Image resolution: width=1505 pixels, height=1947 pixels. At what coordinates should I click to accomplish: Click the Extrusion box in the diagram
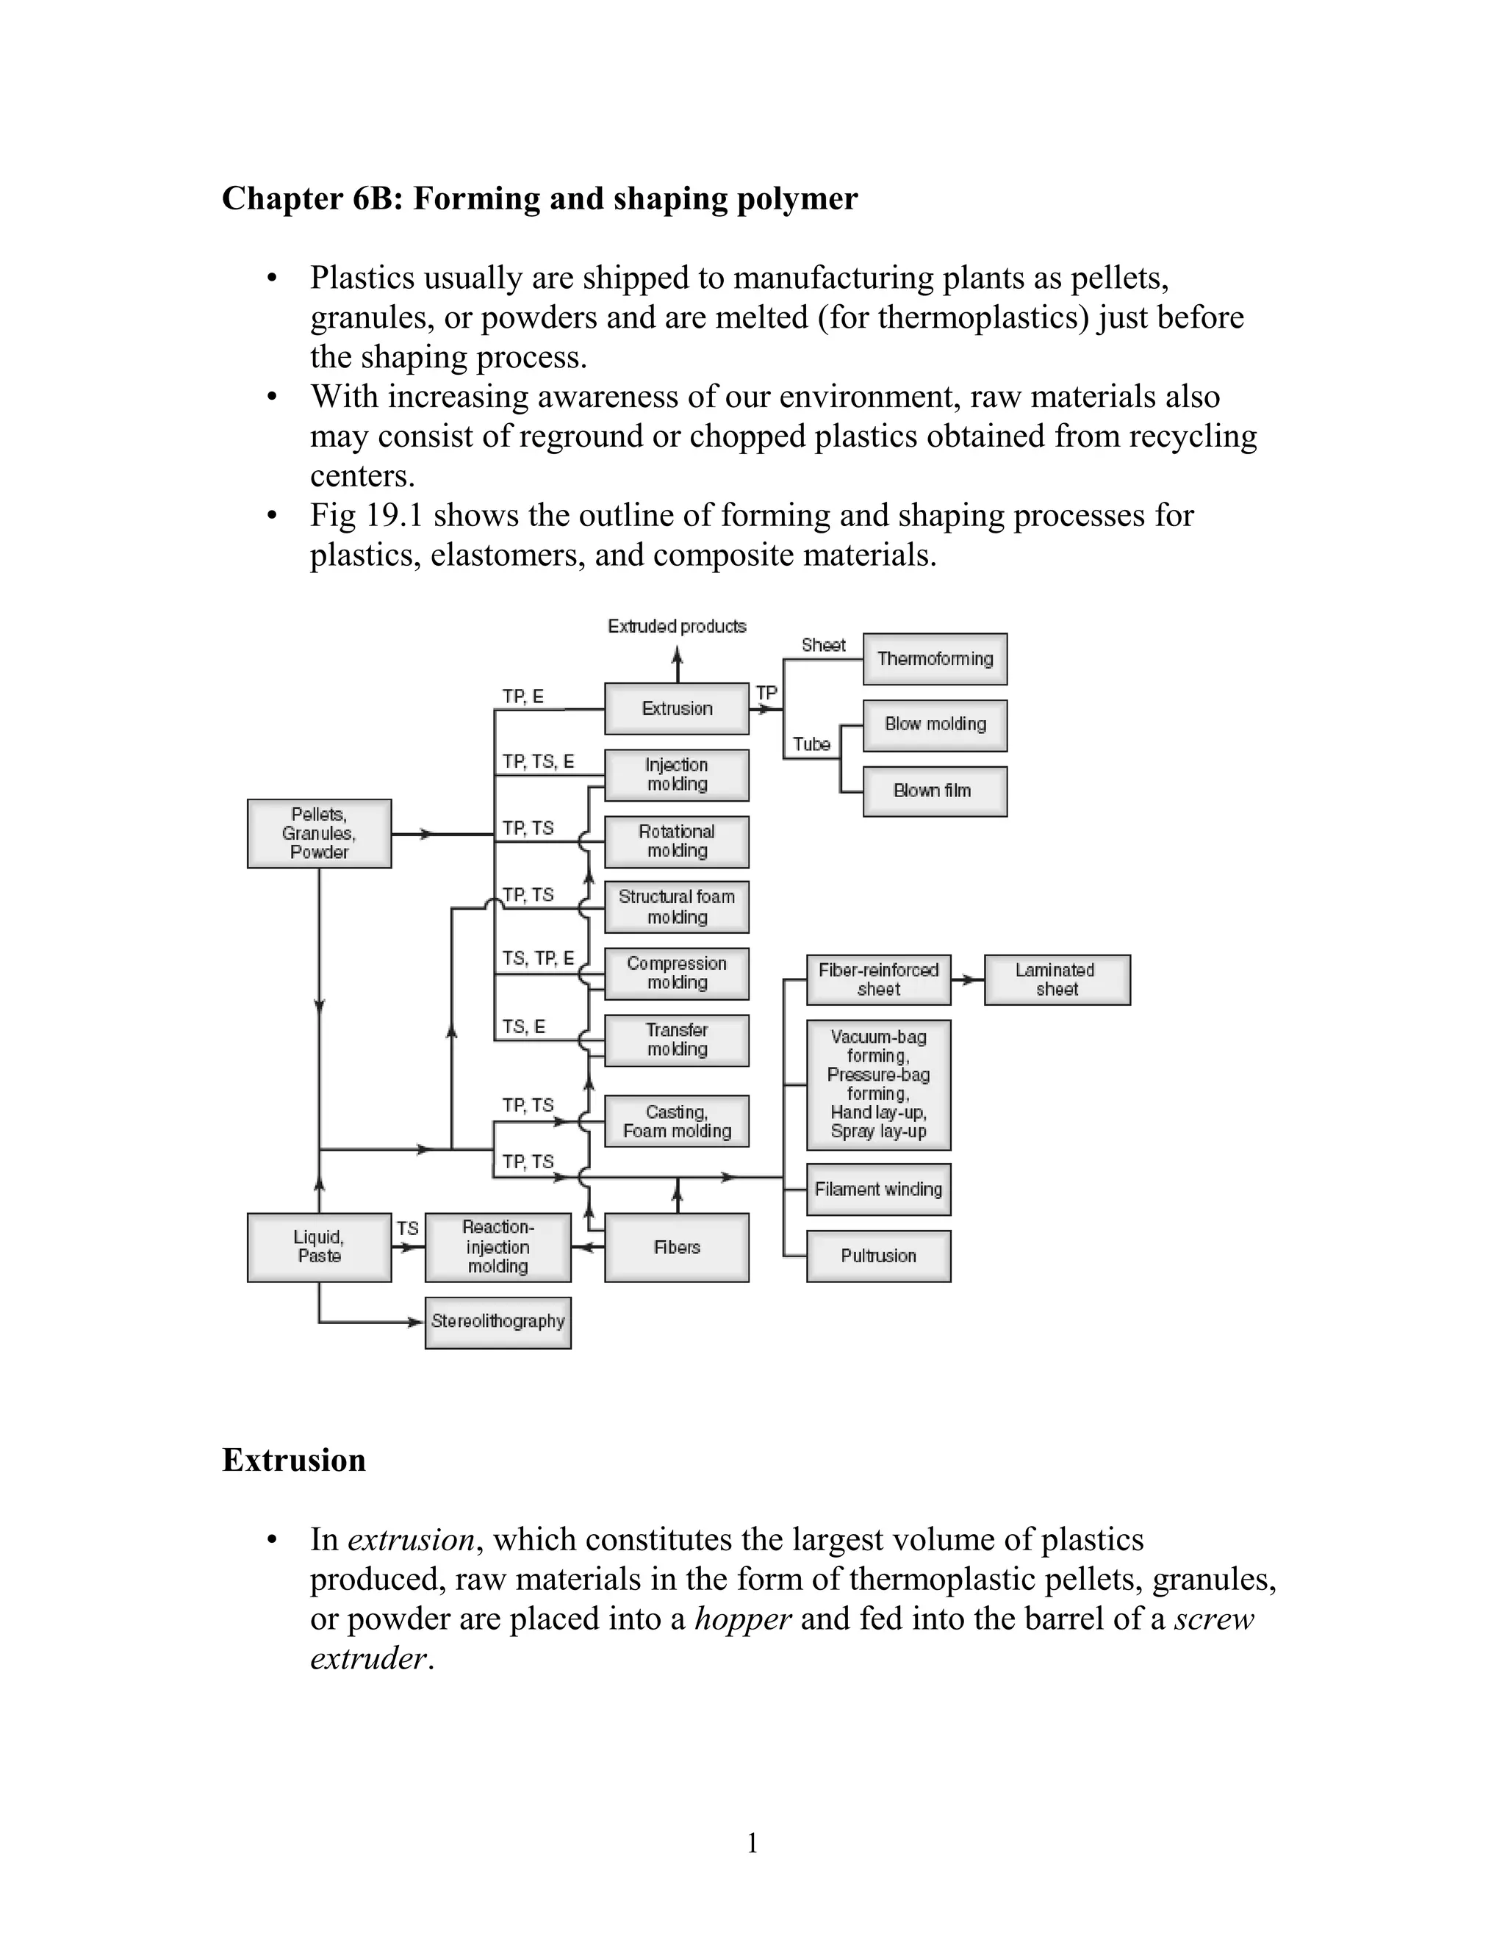676,709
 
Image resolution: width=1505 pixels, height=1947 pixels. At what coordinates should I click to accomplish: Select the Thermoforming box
935,659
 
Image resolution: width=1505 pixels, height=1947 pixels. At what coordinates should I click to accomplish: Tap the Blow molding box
935,724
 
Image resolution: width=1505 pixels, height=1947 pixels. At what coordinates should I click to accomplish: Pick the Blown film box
935,791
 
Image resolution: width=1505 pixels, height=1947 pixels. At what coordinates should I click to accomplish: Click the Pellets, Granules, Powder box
319,834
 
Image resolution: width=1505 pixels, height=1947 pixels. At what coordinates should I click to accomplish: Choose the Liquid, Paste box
319,1248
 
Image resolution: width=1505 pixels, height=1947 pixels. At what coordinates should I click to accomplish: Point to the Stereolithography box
498,1322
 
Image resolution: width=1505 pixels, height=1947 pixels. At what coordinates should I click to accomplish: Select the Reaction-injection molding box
498,1248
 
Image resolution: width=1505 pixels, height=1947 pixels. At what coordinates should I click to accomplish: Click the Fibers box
676,1248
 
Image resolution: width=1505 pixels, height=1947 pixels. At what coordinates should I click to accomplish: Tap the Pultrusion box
878,1256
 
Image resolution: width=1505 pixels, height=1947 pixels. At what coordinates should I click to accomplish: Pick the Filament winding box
878,1190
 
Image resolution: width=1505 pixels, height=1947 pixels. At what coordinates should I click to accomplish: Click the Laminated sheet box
1057,979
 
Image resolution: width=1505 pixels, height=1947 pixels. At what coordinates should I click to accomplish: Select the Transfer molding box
676,1040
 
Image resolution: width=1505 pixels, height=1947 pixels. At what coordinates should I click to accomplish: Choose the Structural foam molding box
676,907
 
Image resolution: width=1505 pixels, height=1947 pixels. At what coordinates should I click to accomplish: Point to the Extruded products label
677,627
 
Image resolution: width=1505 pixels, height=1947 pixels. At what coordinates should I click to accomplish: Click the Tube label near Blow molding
811,744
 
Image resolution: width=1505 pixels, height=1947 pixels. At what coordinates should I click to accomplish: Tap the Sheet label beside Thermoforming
823,645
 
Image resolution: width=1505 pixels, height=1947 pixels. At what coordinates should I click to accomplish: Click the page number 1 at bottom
752,1843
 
